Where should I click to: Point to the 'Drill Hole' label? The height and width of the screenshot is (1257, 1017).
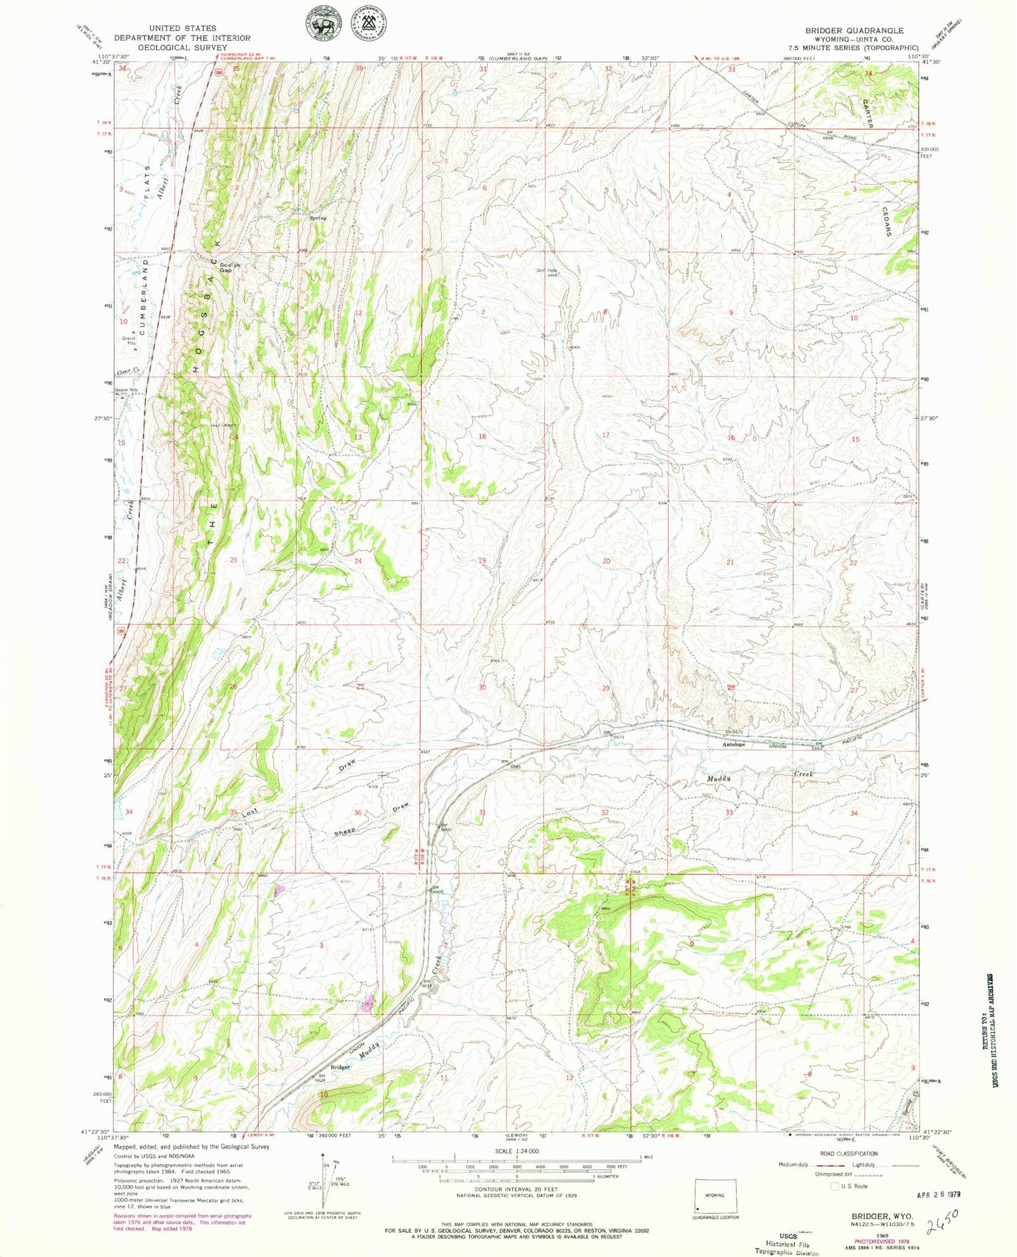(x=548, y=270)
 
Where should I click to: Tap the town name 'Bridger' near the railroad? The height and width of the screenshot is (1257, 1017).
(x=340, y=1068)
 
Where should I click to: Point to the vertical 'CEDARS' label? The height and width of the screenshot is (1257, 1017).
(x=887, y=220)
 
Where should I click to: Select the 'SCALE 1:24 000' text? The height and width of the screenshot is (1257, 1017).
(x=516, y=1151)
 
